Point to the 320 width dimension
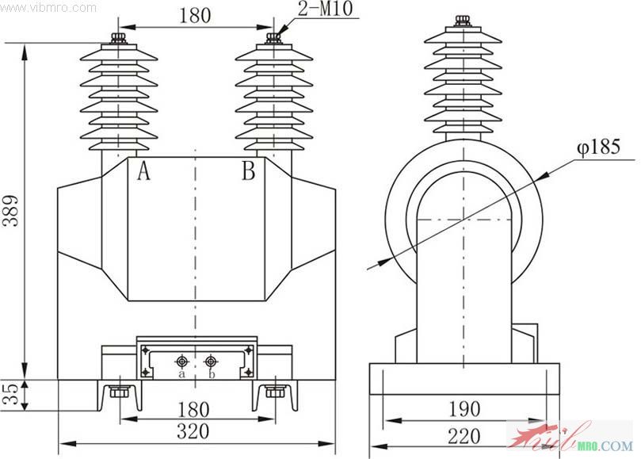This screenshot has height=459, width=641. (193, 432)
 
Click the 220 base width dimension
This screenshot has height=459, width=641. (464, 435)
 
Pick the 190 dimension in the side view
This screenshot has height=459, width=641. (464, 409)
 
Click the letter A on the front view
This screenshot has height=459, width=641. (143, 170)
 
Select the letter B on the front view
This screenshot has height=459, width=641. (248, 170)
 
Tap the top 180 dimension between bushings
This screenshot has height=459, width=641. (194, 17)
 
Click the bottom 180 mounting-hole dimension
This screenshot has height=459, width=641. (194, 409)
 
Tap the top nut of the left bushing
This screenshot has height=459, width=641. (120, 36)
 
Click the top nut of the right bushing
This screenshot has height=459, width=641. (274, 36)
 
